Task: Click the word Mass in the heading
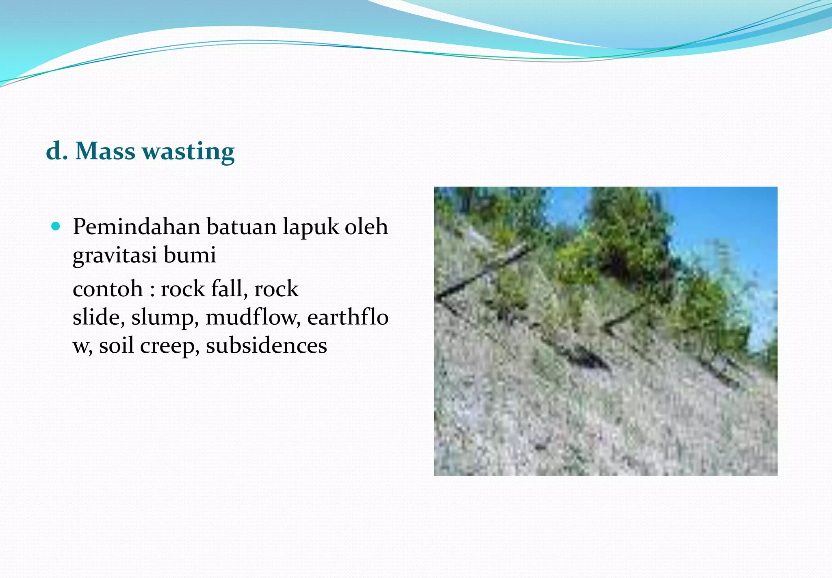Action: coord(105,151)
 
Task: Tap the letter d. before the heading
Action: coord(56,151)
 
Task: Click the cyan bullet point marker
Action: coord(56,226)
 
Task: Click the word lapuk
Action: coord(311,227)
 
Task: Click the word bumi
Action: coord(190,255)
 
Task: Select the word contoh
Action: coord(108,289)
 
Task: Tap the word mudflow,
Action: coord(253,317)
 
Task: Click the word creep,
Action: coord(169,346)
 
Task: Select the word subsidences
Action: coord(266,345)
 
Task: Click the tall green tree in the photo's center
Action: coord(626,235)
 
